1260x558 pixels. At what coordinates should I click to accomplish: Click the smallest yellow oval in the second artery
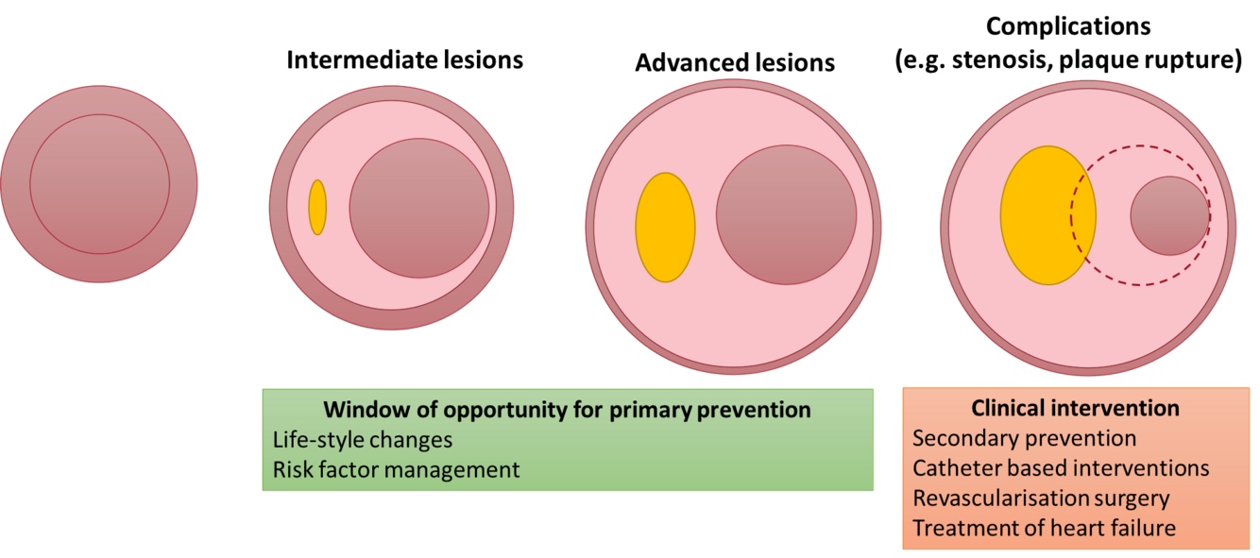coord(317,208)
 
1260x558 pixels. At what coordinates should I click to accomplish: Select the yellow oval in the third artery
coord(665,228)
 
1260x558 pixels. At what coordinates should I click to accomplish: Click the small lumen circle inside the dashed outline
coord(1169,215)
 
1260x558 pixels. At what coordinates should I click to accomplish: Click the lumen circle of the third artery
coord(786,214)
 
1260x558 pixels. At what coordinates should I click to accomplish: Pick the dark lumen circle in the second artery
coord(419,208)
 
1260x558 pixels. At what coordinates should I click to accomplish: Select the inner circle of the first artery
coord(99,184)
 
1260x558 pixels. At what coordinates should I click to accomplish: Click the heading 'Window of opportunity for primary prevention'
coord(567,411)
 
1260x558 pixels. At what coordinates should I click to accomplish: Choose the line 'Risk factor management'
coord(396,469)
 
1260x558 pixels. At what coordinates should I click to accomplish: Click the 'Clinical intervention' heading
coord(1075,409)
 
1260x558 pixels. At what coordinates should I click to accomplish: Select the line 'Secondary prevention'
coord(1024,438)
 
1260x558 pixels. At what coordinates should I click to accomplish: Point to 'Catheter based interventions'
coord(1061,468)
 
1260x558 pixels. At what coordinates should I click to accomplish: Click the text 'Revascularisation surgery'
coord(1041,498)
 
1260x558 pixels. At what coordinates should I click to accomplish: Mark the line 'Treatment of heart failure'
coord(1044,528)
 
